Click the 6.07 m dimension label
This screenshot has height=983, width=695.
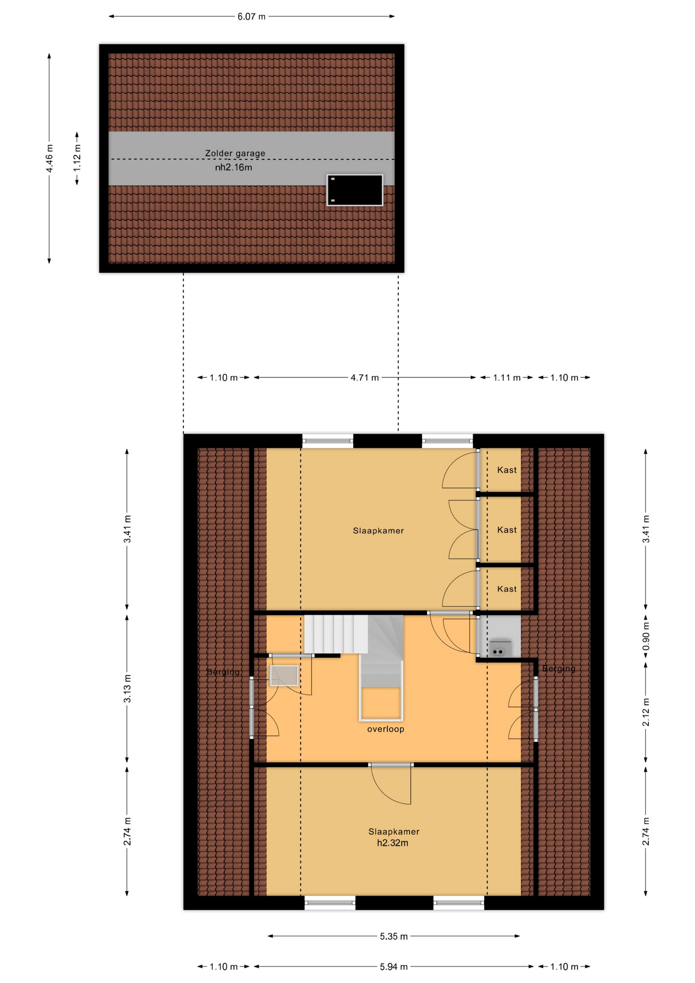[251, 16]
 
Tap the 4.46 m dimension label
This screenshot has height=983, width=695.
[50, 159]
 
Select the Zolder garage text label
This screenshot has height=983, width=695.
[235, 153]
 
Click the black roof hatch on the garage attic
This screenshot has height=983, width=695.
[355, 190]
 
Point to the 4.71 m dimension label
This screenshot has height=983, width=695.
[364, 378]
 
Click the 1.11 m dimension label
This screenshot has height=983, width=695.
[507, 378]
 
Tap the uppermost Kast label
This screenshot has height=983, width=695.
[507, 470]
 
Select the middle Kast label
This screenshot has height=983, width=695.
[507, 530]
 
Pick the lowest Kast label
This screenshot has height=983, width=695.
[507, 589]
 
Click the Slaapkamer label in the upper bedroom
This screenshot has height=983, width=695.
[378, 531]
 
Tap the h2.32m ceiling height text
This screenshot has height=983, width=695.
[393, 843]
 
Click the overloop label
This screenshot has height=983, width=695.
[385, 729]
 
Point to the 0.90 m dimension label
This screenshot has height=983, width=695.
[646, 636]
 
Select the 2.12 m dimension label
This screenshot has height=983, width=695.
[646, 712]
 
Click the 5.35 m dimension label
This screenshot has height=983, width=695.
[394, 936]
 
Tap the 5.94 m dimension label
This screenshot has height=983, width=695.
[394, 967]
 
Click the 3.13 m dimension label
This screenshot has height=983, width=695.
[127, 689]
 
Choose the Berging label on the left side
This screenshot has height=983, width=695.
[223, 672]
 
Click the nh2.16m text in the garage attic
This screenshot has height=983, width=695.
[233, 167]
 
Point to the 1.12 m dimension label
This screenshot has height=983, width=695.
[77, 158]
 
